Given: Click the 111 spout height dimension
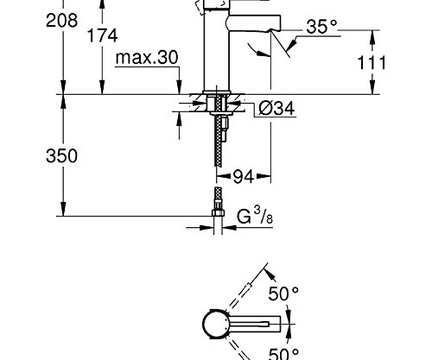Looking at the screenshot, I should (398, 63).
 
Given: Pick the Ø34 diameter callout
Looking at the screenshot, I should (277, 108).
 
